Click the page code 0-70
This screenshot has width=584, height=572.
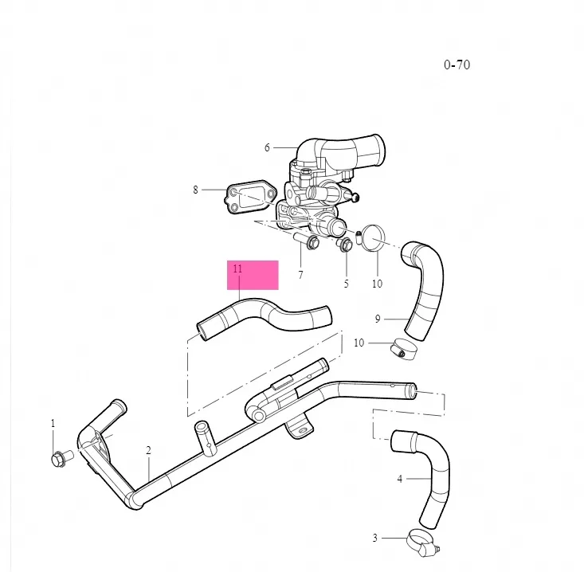[x=457, y=65]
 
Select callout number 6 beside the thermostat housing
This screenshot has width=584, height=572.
[x=267, y=148]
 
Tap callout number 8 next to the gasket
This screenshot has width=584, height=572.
[x=195, y=190]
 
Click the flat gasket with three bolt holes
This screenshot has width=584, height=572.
[x=250, y=199]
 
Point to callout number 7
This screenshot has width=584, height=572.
[x=300, y=275]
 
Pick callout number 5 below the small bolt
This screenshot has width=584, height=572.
[x=346, y=284]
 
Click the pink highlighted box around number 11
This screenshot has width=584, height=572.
[x=253, y=275]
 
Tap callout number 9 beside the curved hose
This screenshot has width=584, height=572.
[x=378, y=319]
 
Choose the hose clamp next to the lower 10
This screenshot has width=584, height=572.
[x=403, y=349]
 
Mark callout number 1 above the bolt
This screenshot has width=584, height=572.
[x=53, y=423]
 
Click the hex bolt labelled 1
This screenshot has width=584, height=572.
[x=61, y=458]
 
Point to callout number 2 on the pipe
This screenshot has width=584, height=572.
[x=149, y=451]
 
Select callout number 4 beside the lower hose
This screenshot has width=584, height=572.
[x=400, y=479]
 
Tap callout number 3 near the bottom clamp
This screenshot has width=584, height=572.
[x=374, y=538]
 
